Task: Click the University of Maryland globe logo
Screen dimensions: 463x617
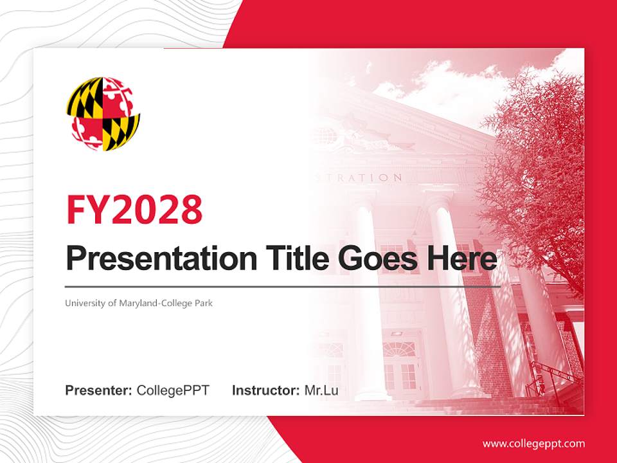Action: (103, 114)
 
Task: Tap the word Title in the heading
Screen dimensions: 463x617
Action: (289, 259)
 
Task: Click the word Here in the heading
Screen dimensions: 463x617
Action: (461, 259)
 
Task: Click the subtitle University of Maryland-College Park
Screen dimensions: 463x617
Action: (138, 302)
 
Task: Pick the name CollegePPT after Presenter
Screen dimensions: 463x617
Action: (173, 390)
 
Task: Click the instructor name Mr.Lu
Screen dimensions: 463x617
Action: (321, 390)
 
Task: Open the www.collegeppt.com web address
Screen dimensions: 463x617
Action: (533, 444)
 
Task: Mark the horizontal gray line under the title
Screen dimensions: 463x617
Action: (283, 286)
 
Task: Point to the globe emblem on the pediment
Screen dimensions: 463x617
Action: (324, 136)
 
